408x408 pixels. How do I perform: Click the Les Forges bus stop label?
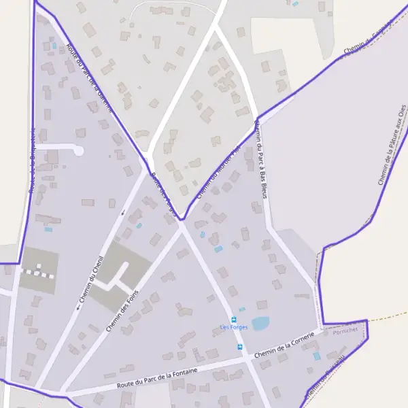coord(234,327)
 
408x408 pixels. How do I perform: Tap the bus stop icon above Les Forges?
coord(234,319)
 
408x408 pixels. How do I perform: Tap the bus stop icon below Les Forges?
coord(239,347)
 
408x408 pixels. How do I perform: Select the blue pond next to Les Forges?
coord(260,324)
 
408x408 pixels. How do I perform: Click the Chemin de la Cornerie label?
coord(284,345)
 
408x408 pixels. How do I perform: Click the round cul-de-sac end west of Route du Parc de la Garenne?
coord(78,150)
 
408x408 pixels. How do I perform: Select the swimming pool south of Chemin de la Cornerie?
coord(317,356)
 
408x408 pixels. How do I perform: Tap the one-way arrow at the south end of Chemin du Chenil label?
coord(78,306)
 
